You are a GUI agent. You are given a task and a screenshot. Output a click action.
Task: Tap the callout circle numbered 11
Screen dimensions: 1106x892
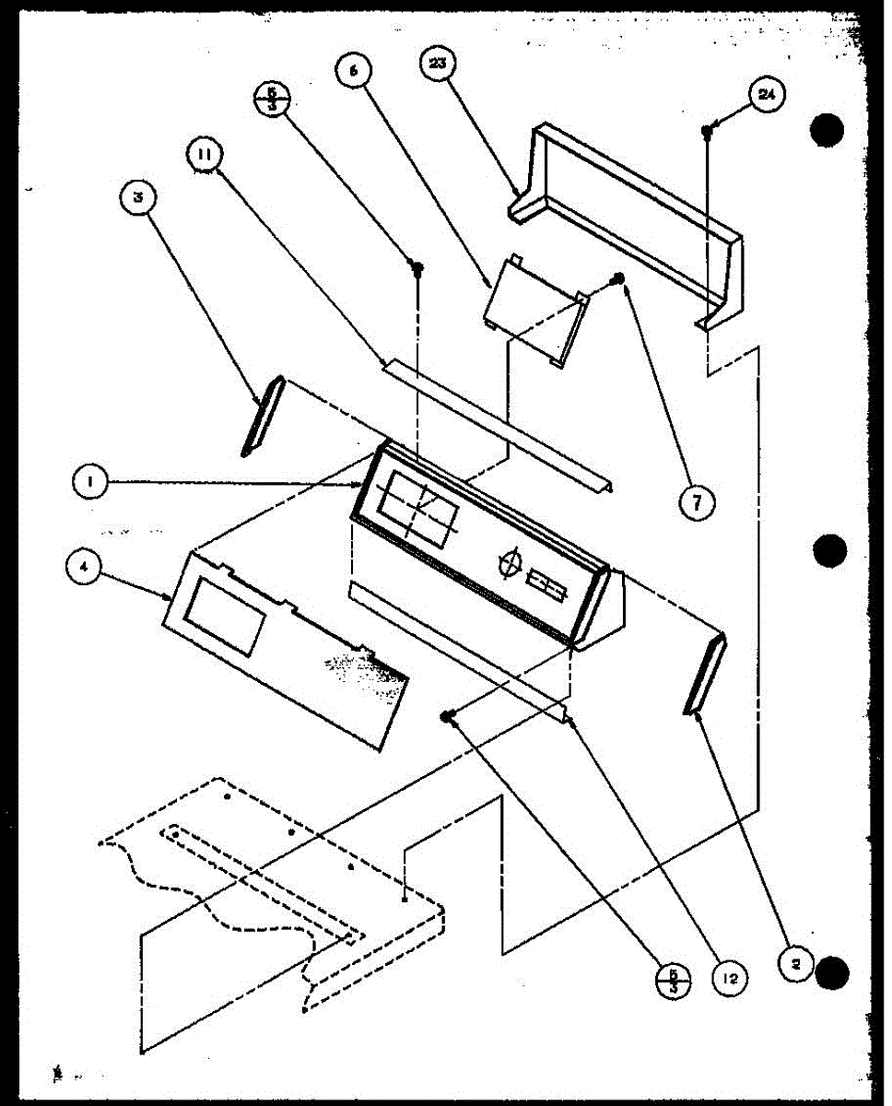tap(204, 155)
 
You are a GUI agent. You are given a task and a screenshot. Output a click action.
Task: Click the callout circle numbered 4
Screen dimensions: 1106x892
tap(84, 570)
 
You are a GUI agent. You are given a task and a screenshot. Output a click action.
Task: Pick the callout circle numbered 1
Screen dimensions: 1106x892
tap(92, 480)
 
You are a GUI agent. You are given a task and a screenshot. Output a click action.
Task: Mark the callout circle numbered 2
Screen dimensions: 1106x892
tap(796, 964)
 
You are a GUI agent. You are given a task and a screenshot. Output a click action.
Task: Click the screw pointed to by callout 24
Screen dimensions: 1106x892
tap(707, 132)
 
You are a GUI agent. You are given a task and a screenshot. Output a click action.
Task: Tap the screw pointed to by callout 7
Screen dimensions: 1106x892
tap(619, 278)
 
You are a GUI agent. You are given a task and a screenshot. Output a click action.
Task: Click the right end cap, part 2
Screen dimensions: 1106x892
tap(706, 674)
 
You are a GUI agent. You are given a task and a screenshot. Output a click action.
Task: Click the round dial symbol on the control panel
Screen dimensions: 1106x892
tap(508, 563)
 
